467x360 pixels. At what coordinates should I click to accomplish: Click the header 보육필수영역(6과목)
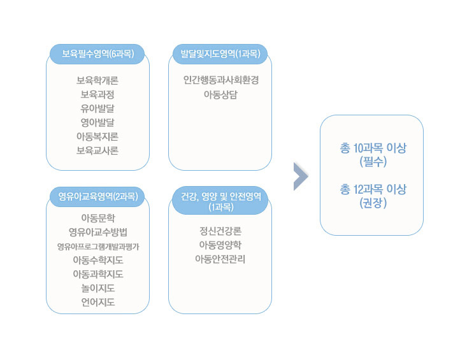[x=97, y=54]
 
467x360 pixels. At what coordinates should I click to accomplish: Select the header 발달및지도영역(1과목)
[x=220, y=54]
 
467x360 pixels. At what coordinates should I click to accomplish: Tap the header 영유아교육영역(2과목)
[x=98, y=196]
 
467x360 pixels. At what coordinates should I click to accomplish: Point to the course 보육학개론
[x=97, y=80]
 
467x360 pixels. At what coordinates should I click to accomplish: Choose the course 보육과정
[x=97, y=94]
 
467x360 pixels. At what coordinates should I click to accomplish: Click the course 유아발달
[x=97, y=108]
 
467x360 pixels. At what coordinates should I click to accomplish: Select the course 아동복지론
[x=97, y=136]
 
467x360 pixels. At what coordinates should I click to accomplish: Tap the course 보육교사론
[x=97, y=150]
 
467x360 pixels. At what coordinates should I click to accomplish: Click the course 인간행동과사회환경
[x=220, y=80]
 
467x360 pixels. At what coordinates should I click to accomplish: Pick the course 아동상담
[x=220, y=95]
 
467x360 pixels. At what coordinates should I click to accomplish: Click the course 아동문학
[x=98, y=218]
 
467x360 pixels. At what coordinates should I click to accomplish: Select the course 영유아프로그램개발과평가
[x=98, y=247]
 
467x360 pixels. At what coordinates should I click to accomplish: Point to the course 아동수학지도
[x=98, y=260]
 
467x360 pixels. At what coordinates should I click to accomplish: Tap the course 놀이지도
[x=98, y=288]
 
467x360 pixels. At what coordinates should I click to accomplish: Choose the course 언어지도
[x=98, y=302]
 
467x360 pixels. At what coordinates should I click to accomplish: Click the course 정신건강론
[x=220, y=231]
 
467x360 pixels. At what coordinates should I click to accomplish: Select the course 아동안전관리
[x=220, y=259]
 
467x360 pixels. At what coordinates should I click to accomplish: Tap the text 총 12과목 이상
[x=373, y=189]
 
